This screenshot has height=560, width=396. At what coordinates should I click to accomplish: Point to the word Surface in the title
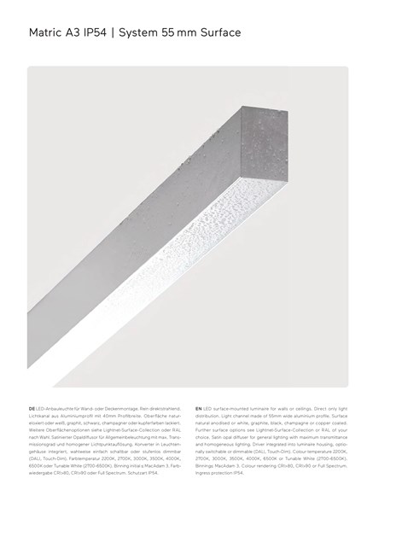pyautogui.click(x=219, y=32)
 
